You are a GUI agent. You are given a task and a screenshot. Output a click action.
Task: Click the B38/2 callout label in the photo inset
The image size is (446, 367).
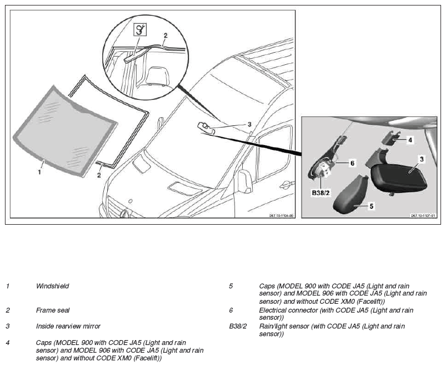[x=321, y=193]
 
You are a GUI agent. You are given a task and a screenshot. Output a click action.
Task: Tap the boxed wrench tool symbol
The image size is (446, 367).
[x=140, y=30]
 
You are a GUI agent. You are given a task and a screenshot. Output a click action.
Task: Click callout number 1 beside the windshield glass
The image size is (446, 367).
[x=40, y=172]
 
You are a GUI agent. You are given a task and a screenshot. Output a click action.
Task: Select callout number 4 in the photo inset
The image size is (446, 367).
[x=410, y=140]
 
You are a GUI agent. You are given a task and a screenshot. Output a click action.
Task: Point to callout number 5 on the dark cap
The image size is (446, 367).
[x=371, y=206]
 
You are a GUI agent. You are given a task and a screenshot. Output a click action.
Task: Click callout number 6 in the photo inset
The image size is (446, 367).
[x=352, y=163]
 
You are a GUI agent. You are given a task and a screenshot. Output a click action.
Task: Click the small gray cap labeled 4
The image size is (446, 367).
[x=392, y=137]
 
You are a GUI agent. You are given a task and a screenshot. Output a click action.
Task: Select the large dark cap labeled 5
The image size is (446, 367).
[x=351, y=194]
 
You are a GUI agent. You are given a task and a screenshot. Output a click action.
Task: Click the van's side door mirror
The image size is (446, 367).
[x=245, y=181]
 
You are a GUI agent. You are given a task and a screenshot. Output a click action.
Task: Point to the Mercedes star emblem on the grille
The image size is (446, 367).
[x=125, y=213]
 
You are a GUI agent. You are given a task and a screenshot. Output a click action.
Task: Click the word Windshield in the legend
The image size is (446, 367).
[x=52, y=286]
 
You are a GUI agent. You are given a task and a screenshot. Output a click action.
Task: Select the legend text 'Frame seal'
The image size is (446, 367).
[x=53, y=310]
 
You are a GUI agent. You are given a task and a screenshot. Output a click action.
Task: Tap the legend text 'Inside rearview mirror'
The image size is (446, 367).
[x=68, y=326]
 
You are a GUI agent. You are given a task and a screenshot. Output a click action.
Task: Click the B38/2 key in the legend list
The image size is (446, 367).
[x=238, y=326]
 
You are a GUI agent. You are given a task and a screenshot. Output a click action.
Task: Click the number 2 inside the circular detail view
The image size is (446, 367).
[x=165, y=35]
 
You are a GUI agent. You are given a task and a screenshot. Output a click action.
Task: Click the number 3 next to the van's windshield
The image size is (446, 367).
[x=249, y=124]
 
